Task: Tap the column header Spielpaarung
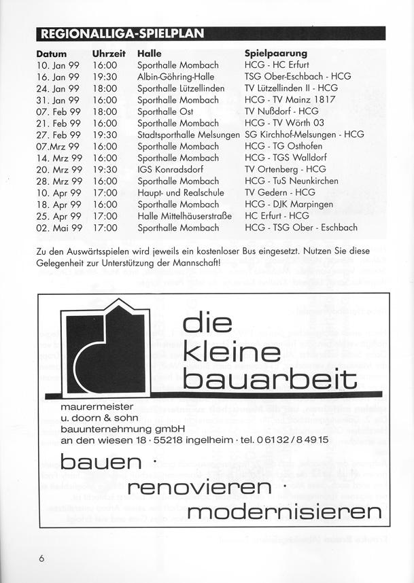(x=276, y=53)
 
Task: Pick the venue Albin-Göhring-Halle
(x=175, y=77)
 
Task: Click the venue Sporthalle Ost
(x=165, y=111)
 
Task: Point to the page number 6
(x=41, y=559)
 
